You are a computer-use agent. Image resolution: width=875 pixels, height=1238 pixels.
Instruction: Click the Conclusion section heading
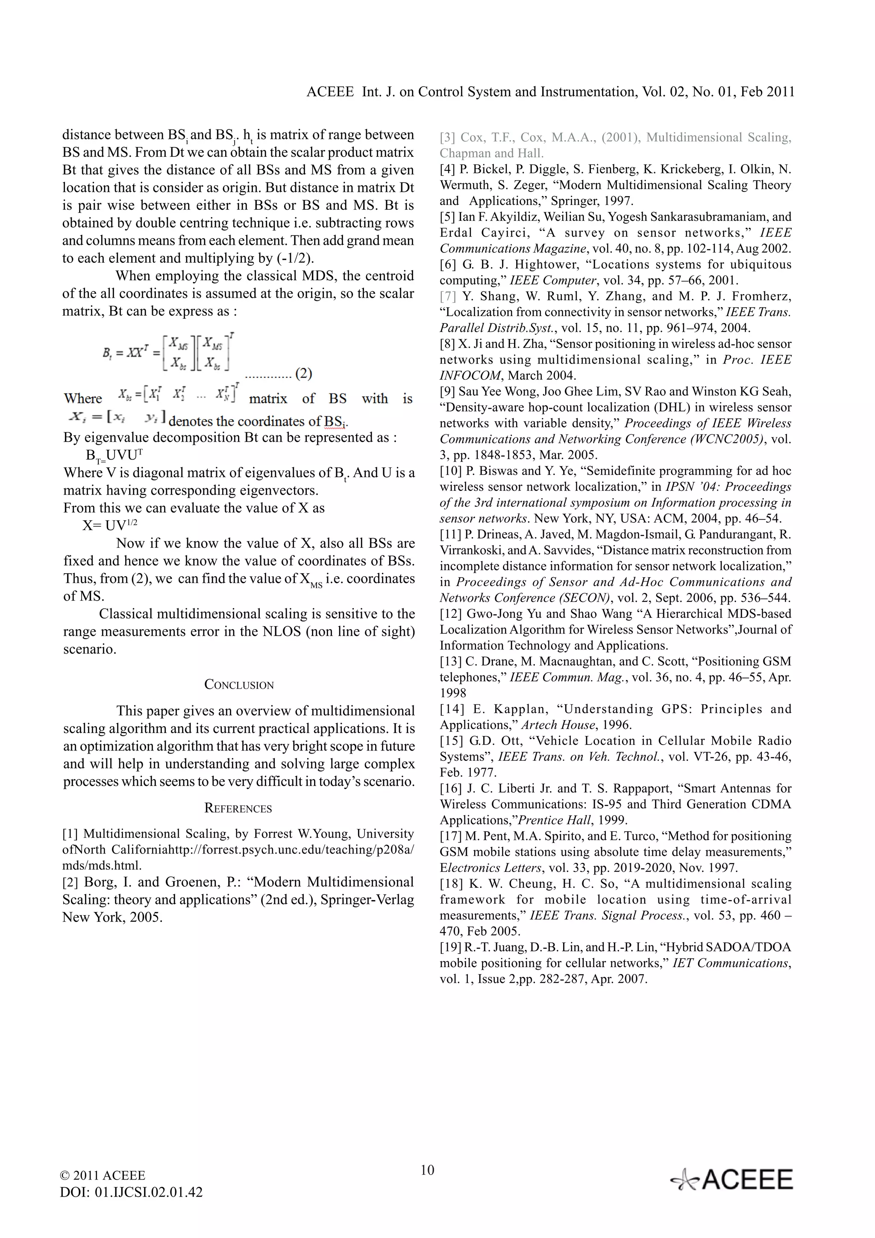click(239, 685)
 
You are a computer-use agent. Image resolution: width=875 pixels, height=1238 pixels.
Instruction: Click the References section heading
click(238, 808)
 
